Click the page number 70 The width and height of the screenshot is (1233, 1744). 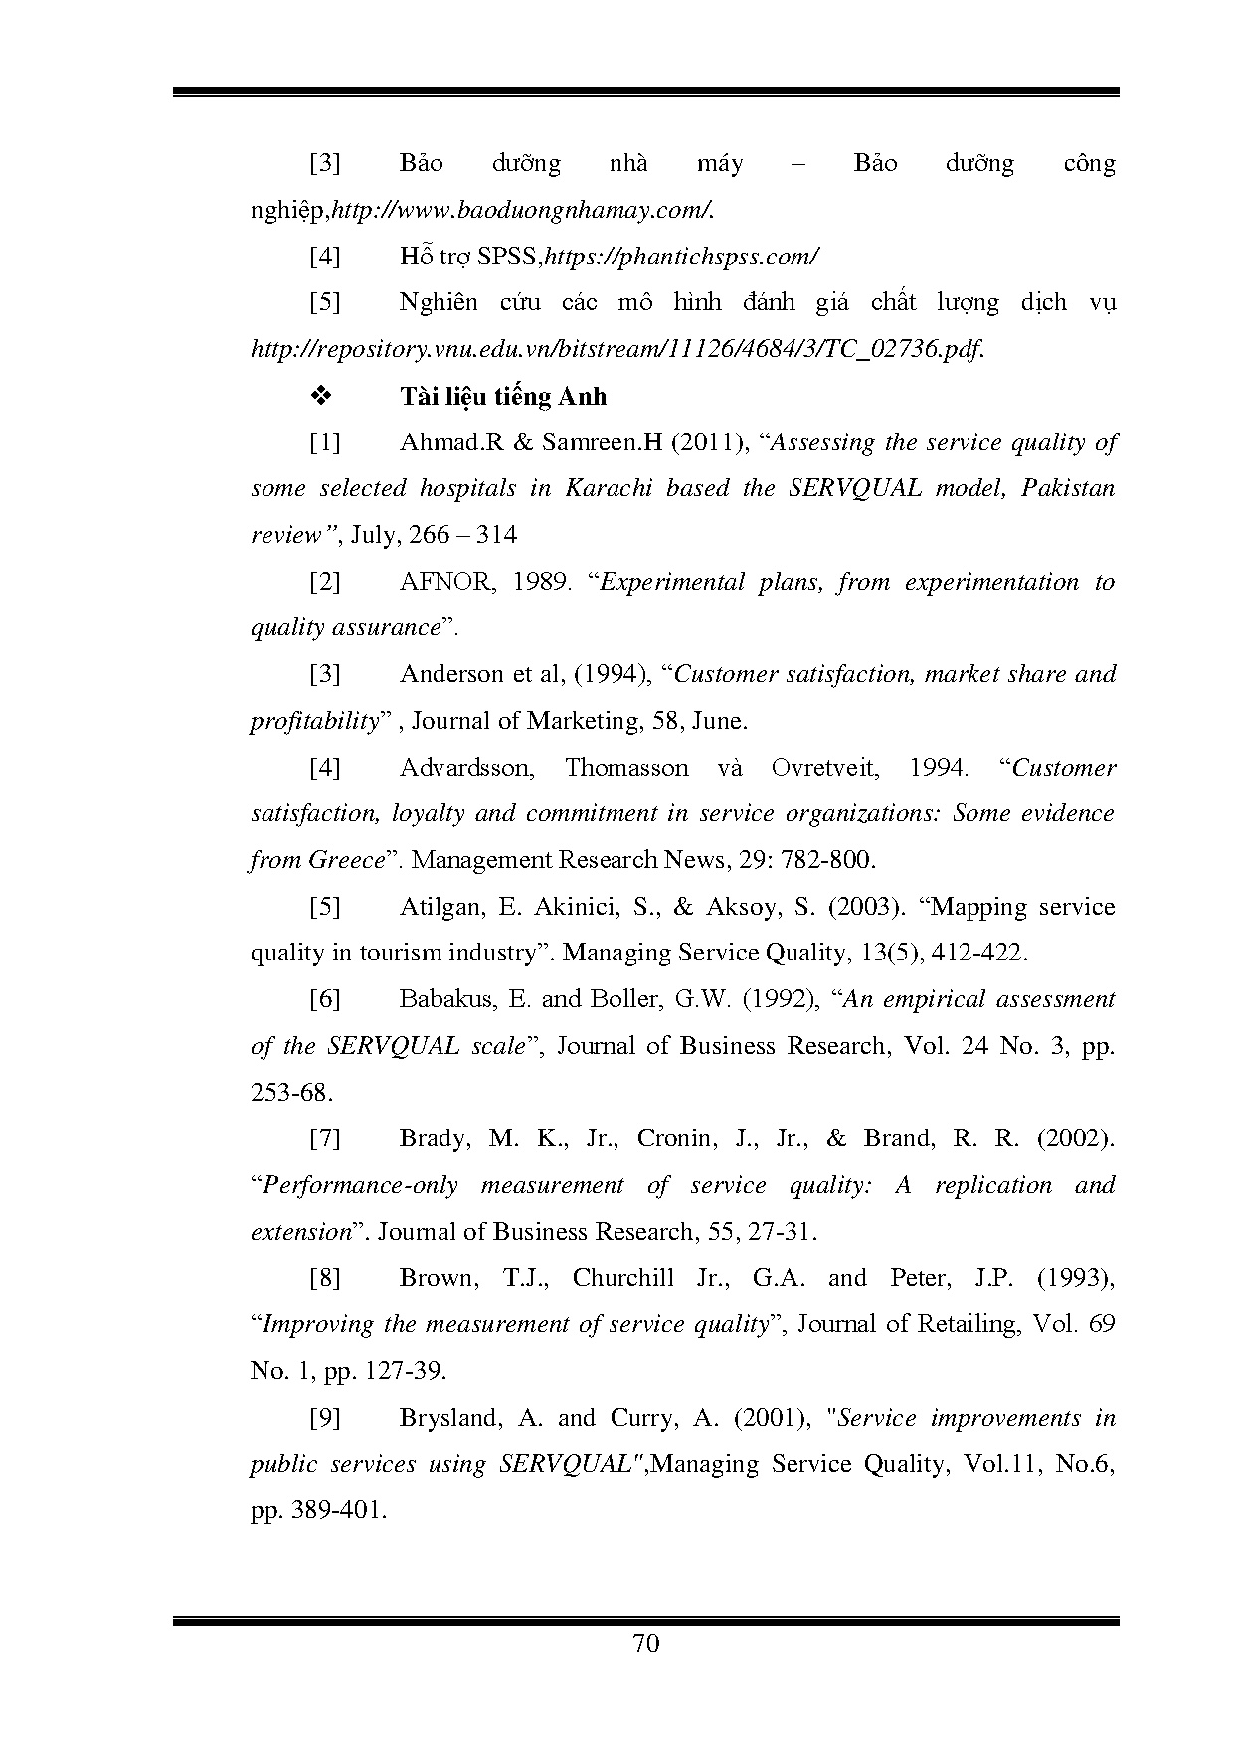click(645, 1644)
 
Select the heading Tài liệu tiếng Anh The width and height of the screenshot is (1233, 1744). click(502, 397)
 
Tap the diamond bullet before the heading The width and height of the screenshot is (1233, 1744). click(321, 397)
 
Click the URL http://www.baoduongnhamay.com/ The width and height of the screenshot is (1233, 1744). click(521, 211)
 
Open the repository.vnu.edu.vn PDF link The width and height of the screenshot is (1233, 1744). click(617, 350)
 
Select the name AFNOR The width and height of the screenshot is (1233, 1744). click(444, 582)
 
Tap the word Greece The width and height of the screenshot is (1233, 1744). click(344, 860)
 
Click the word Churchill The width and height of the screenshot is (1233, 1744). click(622, 1278)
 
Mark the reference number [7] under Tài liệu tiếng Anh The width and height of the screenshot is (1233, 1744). click(325, 1138)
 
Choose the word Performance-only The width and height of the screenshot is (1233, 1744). click(360, 1185)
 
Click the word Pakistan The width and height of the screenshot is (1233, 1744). click(1068, 489)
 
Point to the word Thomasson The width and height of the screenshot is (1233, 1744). click(626, 768)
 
